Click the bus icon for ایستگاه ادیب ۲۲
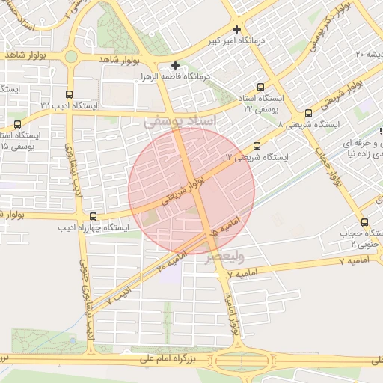[70, 95]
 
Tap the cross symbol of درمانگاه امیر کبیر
[236, 29]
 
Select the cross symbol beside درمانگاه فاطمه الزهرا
[176, 65]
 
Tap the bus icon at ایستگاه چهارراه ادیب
[93, 216]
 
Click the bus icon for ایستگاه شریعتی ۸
[309, 113]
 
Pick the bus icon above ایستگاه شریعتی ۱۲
[258, 146]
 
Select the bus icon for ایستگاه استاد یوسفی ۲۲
[260, 87]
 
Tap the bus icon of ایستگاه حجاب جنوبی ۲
[365, 221]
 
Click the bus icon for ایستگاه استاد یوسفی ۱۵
[18, 124]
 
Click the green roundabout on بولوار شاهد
[71, 56]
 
